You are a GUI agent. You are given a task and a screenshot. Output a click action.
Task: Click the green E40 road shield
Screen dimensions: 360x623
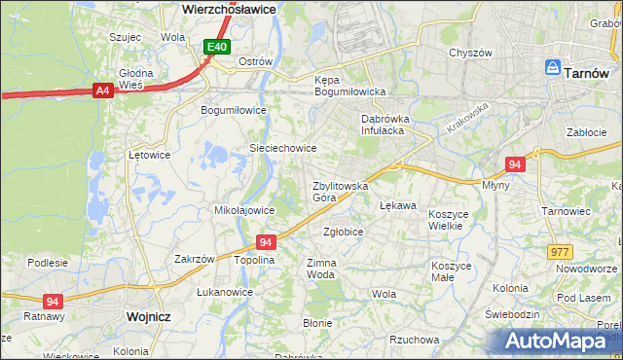pos(216,47)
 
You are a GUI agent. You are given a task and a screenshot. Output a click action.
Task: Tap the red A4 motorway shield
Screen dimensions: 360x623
pos(101,90)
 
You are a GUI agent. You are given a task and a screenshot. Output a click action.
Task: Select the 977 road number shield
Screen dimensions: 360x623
pos(560,251)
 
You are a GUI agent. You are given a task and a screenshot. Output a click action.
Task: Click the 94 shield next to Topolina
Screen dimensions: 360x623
pos(265,241)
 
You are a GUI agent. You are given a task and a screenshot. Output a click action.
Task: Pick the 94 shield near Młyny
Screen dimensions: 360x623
pos(515,164)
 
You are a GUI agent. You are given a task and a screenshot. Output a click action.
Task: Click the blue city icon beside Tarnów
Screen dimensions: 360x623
pos(552,69)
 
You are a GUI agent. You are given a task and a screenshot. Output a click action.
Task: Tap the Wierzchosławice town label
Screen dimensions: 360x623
pos(229,8)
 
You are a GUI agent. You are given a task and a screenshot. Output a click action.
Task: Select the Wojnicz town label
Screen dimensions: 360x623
pos(149,317)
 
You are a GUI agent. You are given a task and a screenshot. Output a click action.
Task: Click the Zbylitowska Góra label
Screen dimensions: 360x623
pos(339,191)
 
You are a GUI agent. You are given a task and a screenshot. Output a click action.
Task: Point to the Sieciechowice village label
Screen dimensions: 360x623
pos(283,148)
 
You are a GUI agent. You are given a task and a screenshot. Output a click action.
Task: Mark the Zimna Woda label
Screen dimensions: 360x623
pos(321,269)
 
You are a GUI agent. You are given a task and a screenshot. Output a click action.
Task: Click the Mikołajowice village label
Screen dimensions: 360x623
pos(242,209)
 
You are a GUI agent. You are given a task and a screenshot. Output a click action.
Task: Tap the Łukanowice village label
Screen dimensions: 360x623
pos(224,292)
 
